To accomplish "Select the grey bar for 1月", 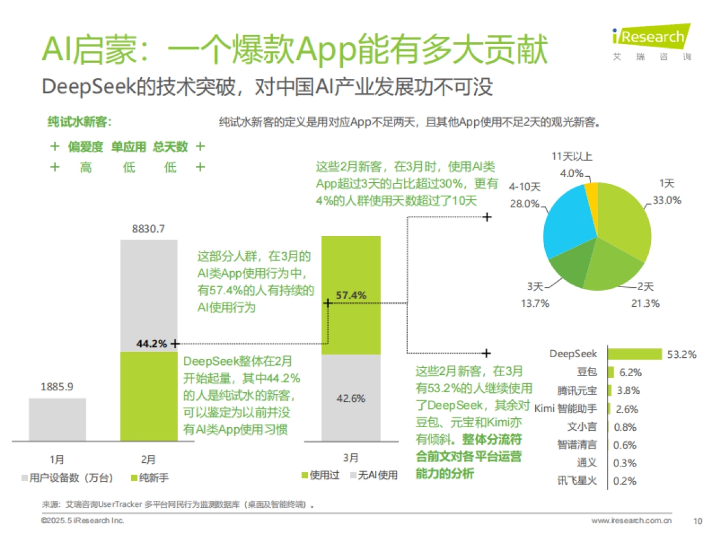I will [57, 419].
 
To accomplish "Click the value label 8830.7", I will [148, 228].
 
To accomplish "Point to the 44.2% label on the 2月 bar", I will [151, 343].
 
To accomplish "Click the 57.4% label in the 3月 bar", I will [351, 295].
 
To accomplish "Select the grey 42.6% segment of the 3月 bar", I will [351, 398].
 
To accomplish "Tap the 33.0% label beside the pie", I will [667, 200].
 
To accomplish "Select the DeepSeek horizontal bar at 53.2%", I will [634, 354].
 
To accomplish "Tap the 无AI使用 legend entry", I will [373, 475].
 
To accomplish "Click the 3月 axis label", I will [351, 458].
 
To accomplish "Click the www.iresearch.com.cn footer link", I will [631, 521].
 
